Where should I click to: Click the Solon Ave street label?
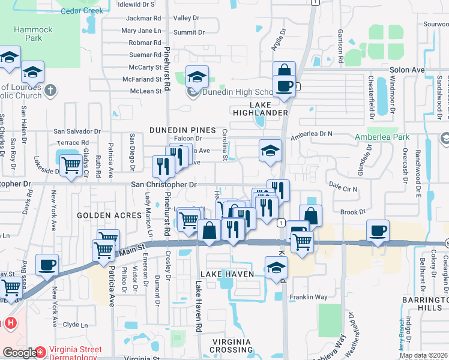coord(407,70)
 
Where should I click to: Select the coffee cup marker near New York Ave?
coord(46,265)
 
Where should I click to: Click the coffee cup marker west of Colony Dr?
coord(378,231)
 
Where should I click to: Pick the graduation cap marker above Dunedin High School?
coord(196,76)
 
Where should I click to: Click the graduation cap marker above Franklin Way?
coord(276,267)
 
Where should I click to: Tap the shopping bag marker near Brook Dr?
coord(310,215)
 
